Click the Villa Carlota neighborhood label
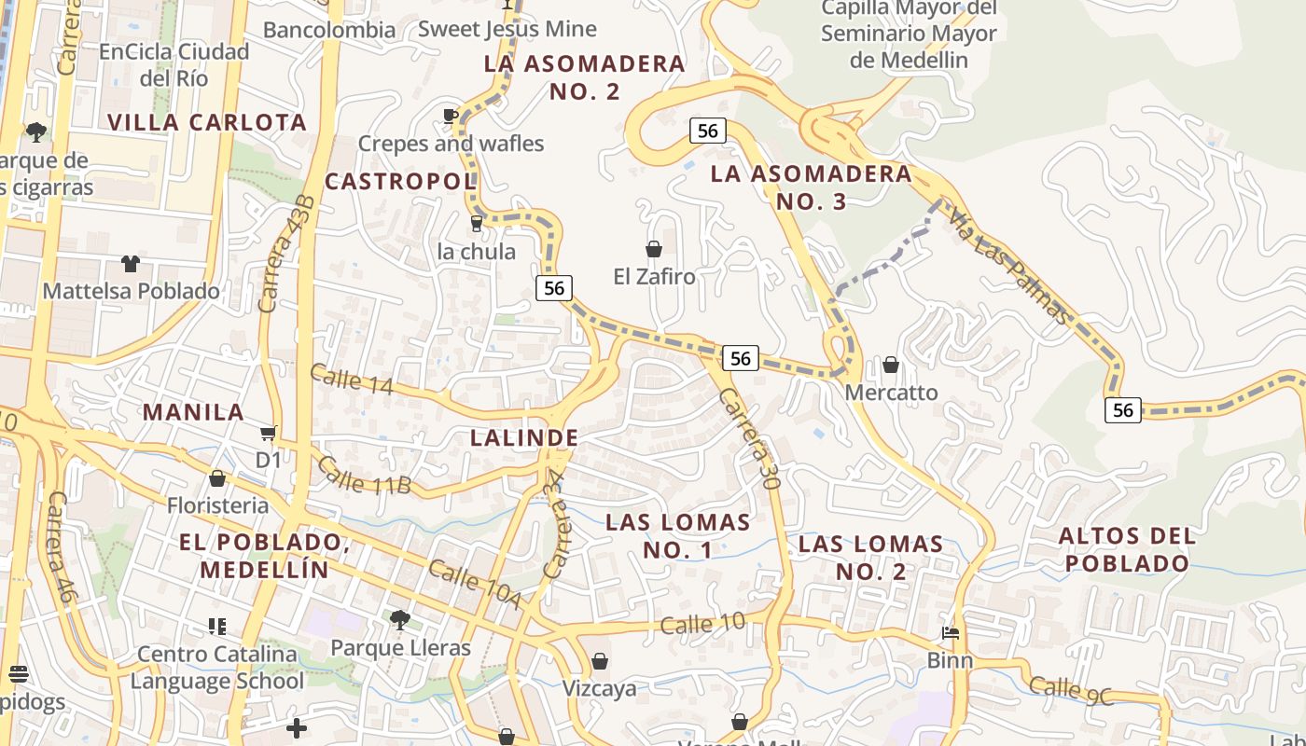click(x=206, y=122)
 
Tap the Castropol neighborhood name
click(x=400, y=181)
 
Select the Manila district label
click(x=193, y=411)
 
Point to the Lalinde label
click(x=524, y=437)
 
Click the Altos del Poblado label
click(x=1127, y=549)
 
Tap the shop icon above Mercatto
click(x=891, y=365)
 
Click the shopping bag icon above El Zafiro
click(x=654, y=249)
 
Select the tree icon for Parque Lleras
click(x=399, y=619)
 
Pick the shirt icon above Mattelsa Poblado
click(x=131, y=264)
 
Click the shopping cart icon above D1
click(x=269, y=433)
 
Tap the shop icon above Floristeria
click(x=217, y=478)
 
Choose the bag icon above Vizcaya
click(x=600, y=661)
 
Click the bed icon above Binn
click(x=951, y=633)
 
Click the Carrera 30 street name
click(x=749, y=438)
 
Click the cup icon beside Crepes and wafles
click(x=450, y=117)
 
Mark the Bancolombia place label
click(x=329, y=30)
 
